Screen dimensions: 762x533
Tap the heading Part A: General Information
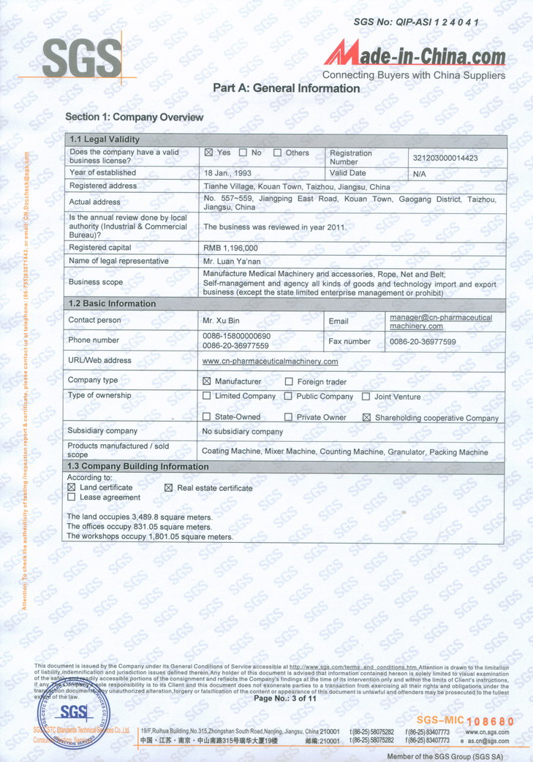pos(286,88)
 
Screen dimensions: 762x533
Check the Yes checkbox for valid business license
pos(208,153)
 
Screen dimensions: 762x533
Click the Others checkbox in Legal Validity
pos(278,153)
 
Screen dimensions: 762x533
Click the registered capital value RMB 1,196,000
pos(230,248)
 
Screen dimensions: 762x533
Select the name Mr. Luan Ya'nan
pos(231,261)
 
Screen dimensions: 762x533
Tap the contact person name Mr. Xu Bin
pos(222,321)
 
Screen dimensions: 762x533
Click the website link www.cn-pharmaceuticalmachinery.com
pos(270,361)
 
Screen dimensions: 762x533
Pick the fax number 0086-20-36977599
pos(423,341)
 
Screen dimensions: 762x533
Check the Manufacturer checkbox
pos(206,381)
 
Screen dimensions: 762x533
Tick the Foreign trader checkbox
pos(289,381)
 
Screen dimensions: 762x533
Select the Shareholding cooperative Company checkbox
pos(367,418)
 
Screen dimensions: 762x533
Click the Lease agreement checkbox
pos(71,497)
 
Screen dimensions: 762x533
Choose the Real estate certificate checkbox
pos(168,487)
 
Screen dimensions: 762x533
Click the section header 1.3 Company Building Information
pos(138,466)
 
